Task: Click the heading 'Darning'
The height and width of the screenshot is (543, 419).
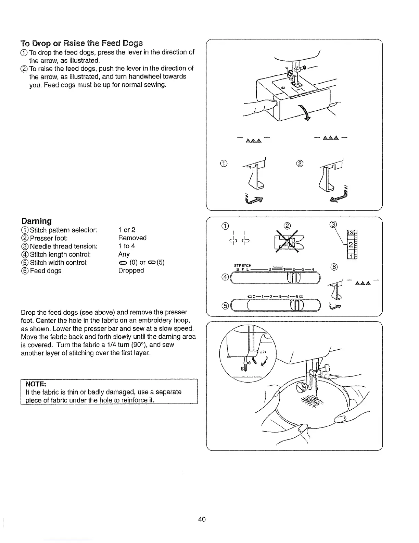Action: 36,221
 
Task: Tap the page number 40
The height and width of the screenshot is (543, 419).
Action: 202,519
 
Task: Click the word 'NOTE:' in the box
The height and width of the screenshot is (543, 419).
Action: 36,383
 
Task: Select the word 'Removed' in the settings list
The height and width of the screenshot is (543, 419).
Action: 132,238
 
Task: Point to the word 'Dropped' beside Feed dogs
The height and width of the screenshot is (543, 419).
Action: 131,270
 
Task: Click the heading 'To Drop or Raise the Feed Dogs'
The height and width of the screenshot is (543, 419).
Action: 81,43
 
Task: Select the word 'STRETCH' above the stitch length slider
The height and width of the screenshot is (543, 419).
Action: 243,265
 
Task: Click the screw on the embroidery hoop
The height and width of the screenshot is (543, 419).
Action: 302,387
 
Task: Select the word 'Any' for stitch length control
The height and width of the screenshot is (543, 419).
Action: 124,254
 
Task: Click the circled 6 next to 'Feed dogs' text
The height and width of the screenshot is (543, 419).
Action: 25,271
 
